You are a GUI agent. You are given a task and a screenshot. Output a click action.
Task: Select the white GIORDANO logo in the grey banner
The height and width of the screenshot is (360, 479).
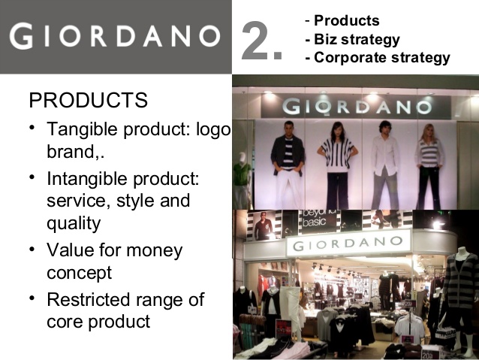(115, 36)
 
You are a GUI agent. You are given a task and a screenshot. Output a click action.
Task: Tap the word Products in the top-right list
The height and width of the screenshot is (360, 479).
(347, 20)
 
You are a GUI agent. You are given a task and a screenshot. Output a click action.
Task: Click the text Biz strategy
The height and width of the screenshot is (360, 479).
(357, 39)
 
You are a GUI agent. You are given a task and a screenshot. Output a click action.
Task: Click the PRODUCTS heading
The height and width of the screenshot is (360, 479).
(89, 100)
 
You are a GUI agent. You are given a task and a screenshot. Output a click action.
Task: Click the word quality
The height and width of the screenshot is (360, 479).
(74, 224)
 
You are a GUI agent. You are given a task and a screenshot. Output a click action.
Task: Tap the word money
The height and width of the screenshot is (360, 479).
(154, 251)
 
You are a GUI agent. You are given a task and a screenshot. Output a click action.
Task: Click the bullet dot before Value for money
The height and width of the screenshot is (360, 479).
(32, 250)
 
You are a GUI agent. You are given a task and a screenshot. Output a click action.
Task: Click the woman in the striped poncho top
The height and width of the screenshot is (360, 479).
(337, 165)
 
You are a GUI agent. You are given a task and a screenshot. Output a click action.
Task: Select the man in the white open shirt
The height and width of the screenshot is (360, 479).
(385, 165)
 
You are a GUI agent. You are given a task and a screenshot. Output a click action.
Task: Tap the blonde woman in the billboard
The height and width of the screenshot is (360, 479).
(429, 166)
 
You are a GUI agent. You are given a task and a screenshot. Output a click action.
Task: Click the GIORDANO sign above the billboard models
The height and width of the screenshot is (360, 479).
(357, 107)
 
